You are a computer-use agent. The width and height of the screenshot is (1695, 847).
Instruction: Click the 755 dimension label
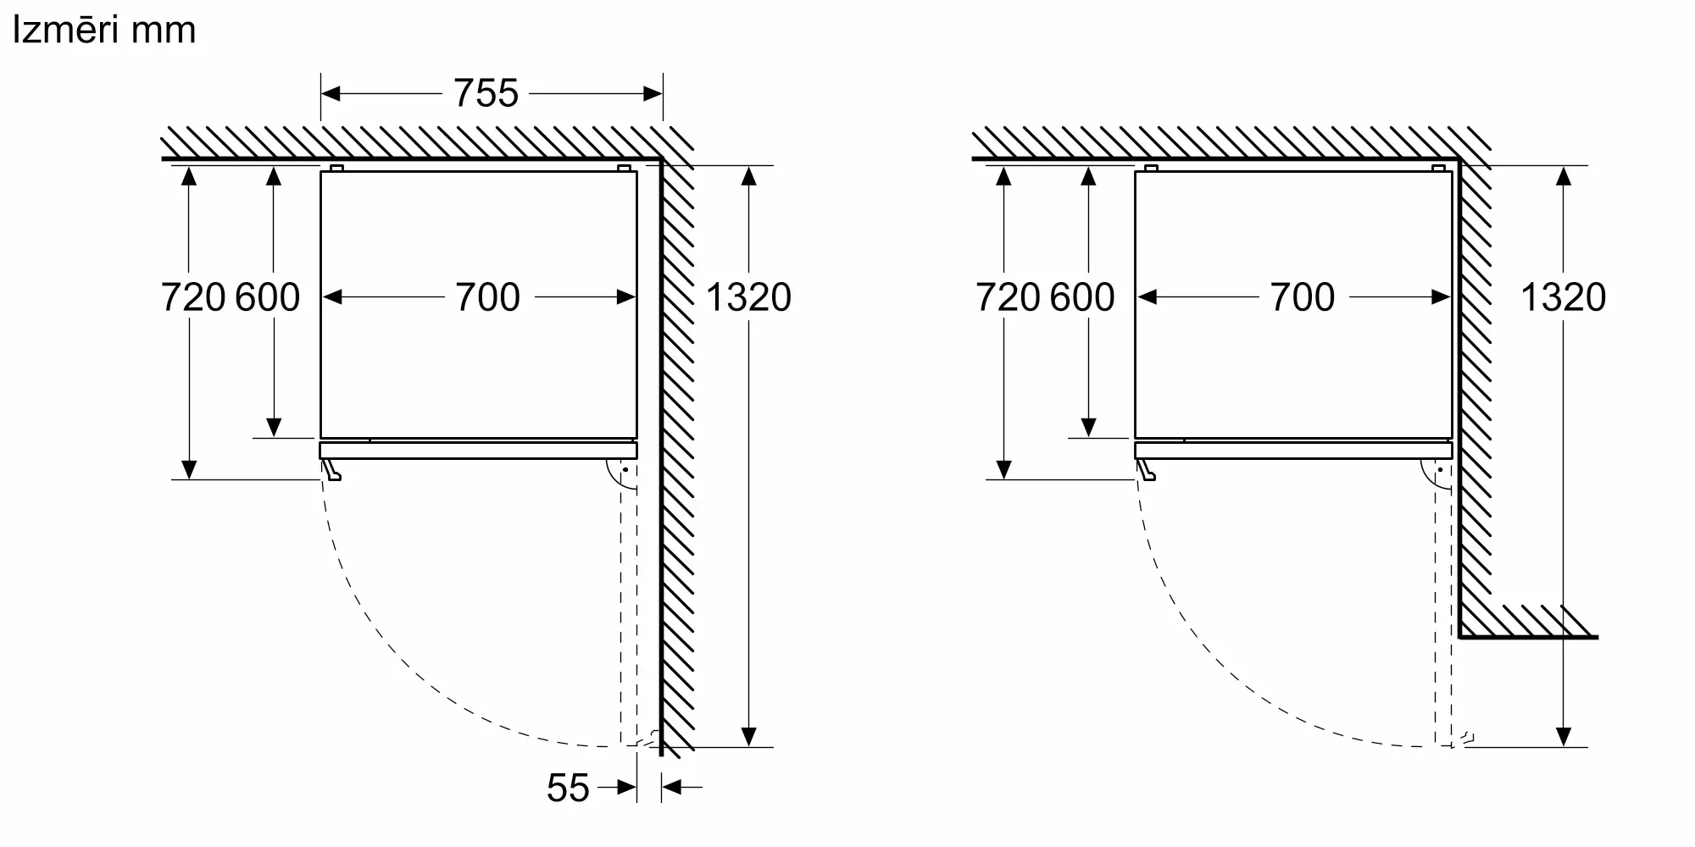click(x=486, y=93)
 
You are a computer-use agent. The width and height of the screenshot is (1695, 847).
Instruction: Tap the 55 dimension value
click(x=568, y=788)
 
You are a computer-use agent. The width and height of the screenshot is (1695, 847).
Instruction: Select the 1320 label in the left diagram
click(x=748, y=297)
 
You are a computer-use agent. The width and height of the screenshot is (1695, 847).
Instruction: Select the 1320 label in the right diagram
click(x=1564, y=297)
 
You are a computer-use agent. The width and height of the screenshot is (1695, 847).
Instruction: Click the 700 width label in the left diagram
click(x=487, y=297)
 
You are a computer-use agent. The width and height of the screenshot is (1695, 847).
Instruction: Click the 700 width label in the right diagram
click(x=1303, y=297)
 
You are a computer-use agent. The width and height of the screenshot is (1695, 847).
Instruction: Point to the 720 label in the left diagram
click(x=193, y=297)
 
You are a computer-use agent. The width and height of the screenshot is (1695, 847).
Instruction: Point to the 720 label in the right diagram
click(x=1008, y=297)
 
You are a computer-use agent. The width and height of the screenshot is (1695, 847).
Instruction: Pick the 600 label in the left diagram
click(x=268, y=297)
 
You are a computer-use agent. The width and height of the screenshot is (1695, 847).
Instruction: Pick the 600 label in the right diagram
click(x=1082, y=297)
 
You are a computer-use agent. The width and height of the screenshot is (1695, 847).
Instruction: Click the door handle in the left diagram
click(x=331, y=471)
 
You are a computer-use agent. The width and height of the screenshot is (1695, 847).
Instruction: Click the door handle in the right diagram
click(x=1146, y=471)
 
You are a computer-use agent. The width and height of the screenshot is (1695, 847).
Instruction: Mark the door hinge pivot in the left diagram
click(x=625, y=470)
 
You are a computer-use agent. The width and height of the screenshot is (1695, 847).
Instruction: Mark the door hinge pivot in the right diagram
click(x=1440, y=470)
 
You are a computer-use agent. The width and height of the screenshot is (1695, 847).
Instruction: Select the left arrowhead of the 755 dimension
click(x=331, y=93)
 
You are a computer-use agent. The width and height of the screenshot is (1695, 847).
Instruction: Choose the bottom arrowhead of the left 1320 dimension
click(x=749, y=737)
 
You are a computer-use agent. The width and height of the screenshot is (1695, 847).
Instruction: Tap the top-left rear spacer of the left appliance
click(x=336, y=169)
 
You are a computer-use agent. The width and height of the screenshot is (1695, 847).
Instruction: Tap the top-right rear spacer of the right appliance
click(x=1438, y=169)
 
